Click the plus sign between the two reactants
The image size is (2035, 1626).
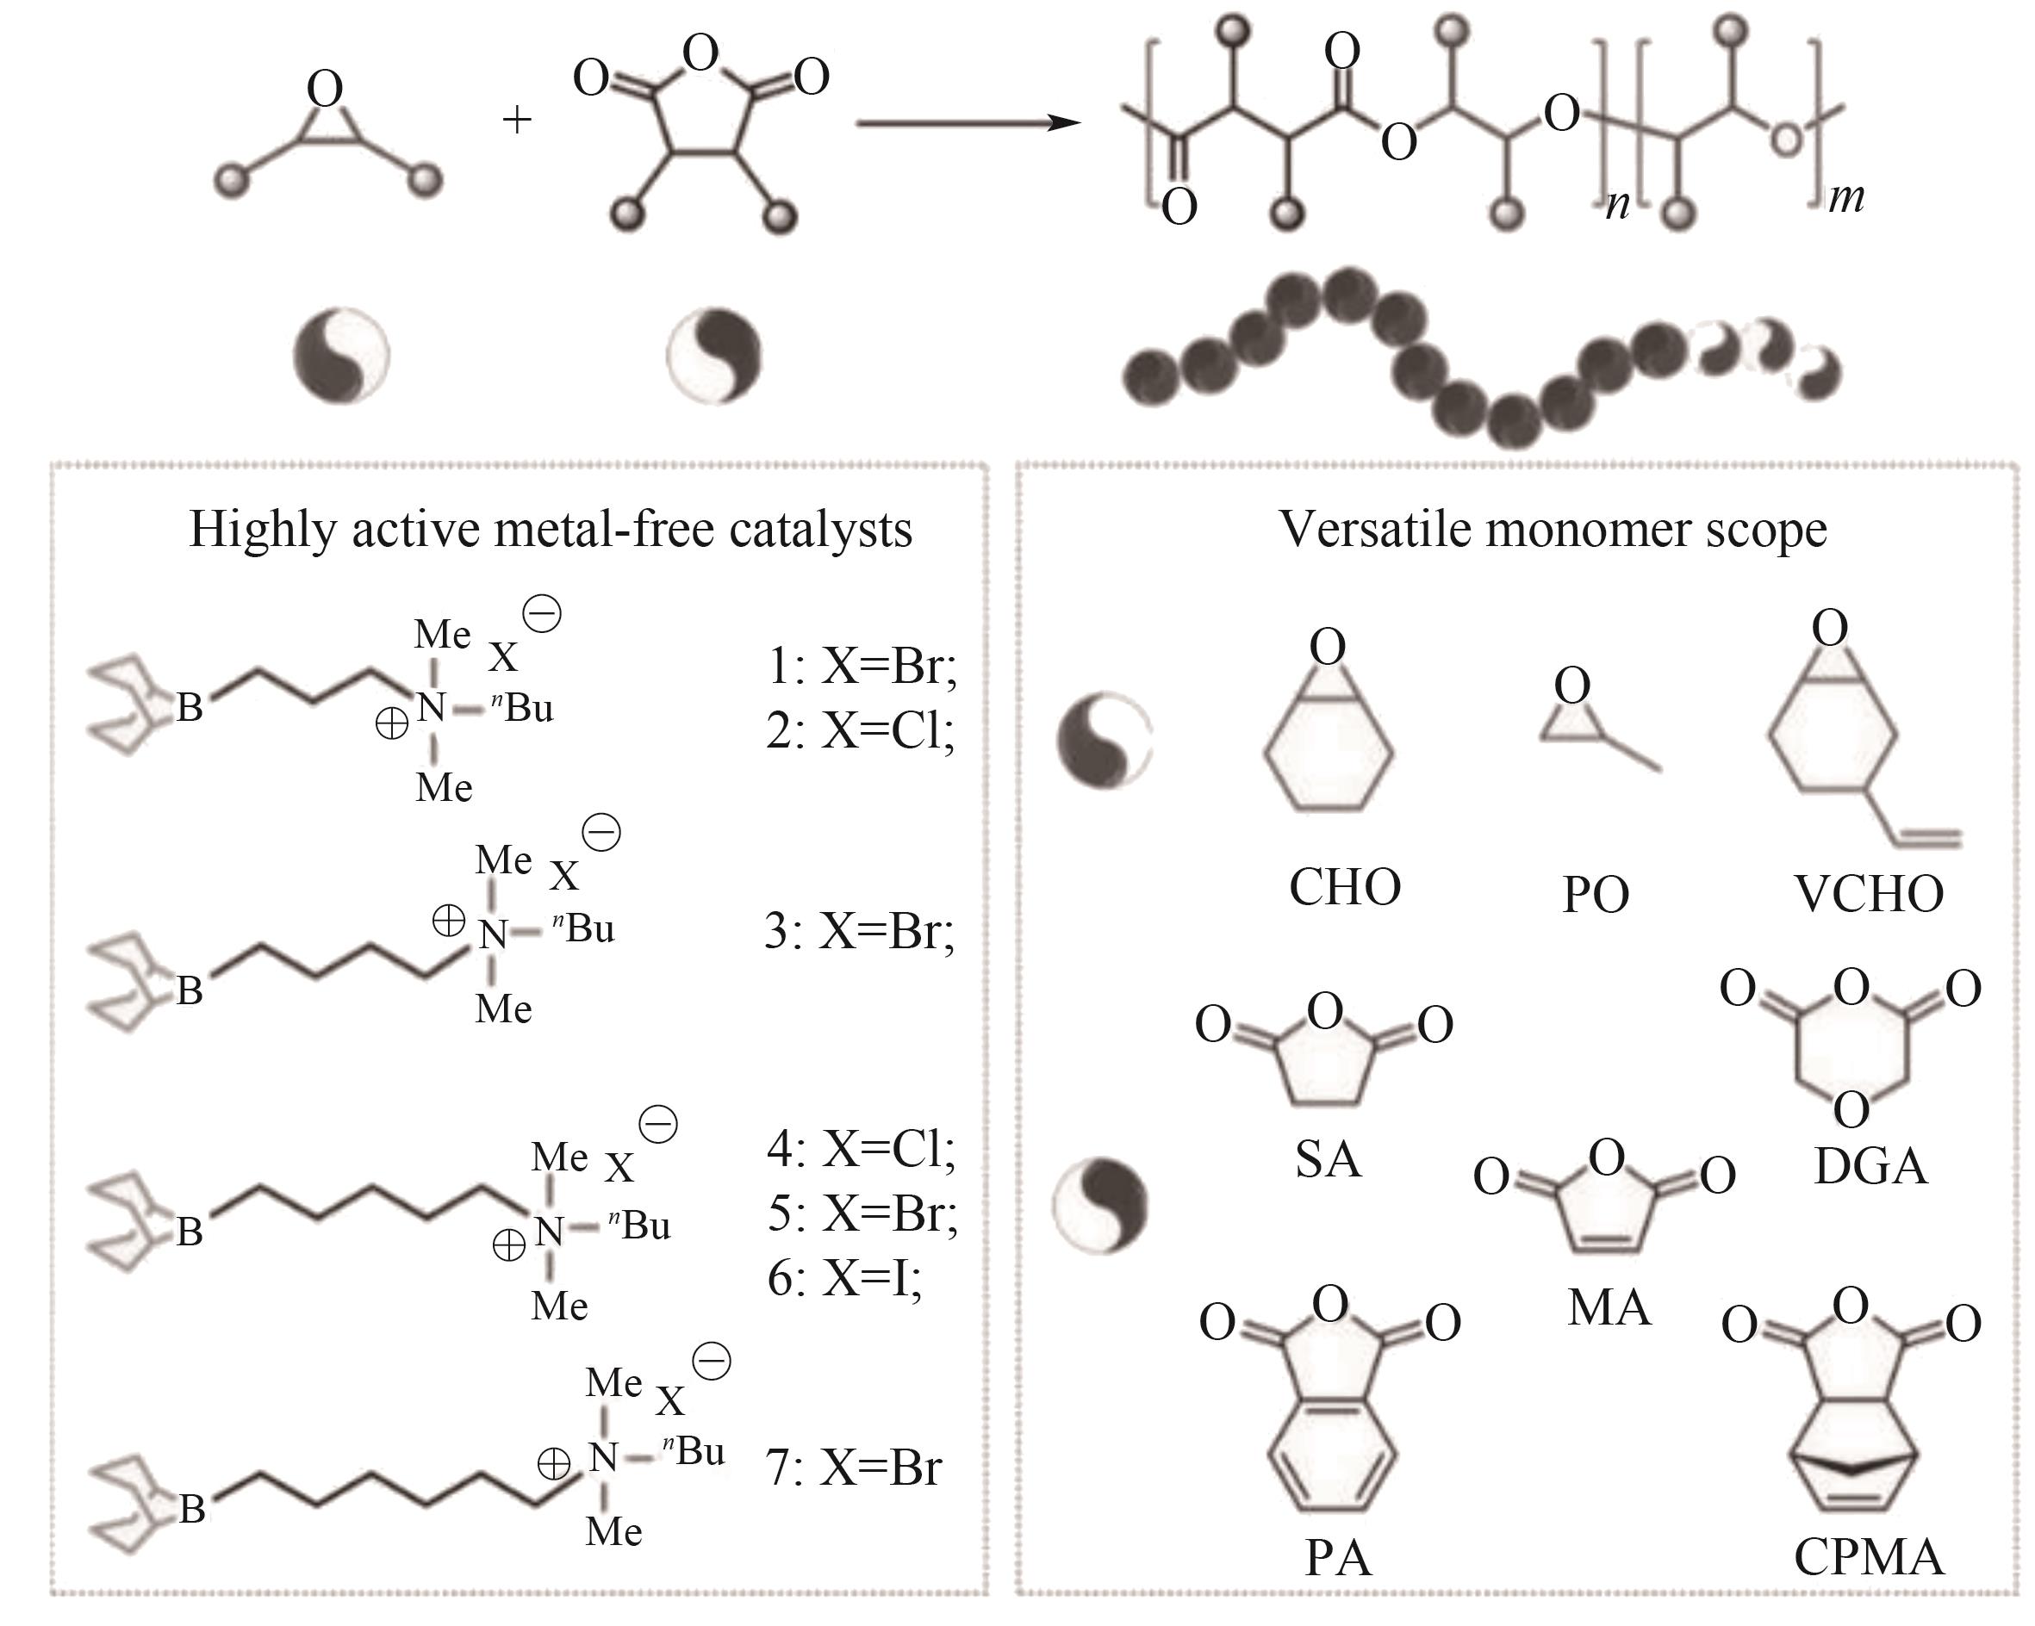pos(516,120)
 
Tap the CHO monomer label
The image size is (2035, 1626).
pos(1345,887)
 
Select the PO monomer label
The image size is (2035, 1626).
pos(1595,895)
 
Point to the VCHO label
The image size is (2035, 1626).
pos(1868,894)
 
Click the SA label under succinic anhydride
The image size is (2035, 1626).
pos(1328,1159)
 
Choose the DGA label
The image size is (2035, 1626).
pos(1870,1166)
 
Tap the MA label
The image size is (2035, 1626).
pos(1609,1308)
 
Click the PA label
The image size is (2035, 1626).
pos(1337,1558)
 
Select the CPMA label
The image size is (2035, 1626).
pos(1869,1557)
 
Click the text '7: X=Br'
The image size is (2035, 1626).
pos(854,1468)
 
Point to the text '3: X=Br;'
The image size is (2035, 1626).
pos(859,932)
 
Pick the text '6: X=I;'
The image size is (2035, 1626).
pos(845,1279)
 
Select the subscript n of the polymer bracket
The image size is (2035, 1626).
pos(1618,204)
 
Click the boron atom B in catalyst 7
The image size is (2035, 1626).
pos(192,1509)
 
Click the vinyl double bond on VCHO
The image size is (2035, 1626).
pos(1926,836)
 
